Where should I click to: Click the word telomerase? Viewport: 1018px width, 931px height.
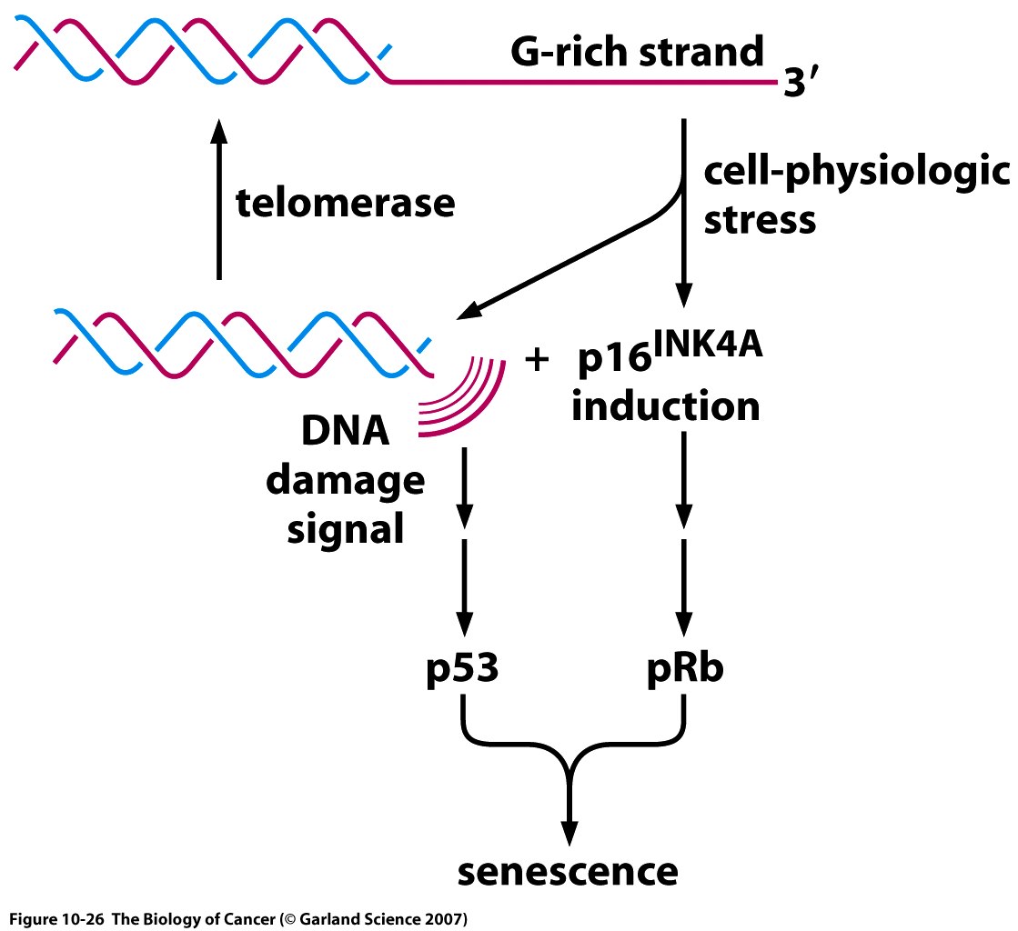point(346,203)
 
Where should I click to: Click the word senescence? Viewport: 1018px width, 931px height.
point(569,870)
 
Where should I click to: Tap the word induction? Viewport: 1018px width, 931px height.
point(666,406)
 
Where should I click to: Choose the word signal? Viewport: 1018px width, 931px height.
point(346,528)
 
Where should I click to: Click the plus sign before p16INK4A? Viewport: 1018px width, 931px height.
point(539,360)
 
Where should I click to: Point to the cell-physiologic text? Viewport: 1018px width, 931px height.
point(856,173)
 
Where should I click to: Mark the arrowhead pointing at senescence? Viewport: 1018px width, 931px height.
point(569,833)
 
